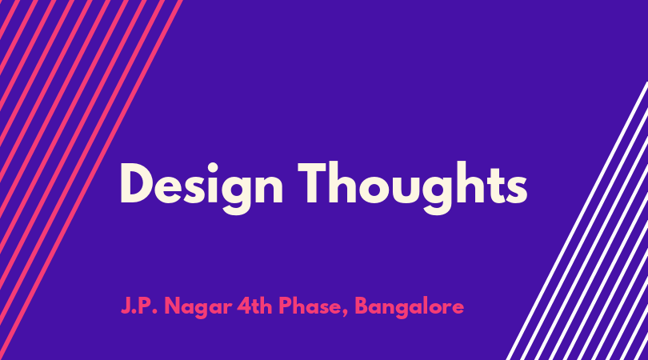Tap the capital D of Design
(135, 183)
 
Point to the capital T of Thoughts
(315, 183)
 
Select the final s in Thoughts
(517, 190)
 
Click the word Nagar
(198, 308)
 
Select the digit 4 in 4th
(242, 306)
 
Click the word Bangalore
(409, 308)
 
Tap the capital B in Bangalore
(362, 306)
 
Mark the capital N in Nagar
(172, 306)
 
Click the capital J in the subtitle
(126, 306)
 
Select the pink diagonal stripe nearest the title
(90, 180)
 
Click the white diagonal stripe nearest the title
(577, 221)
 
